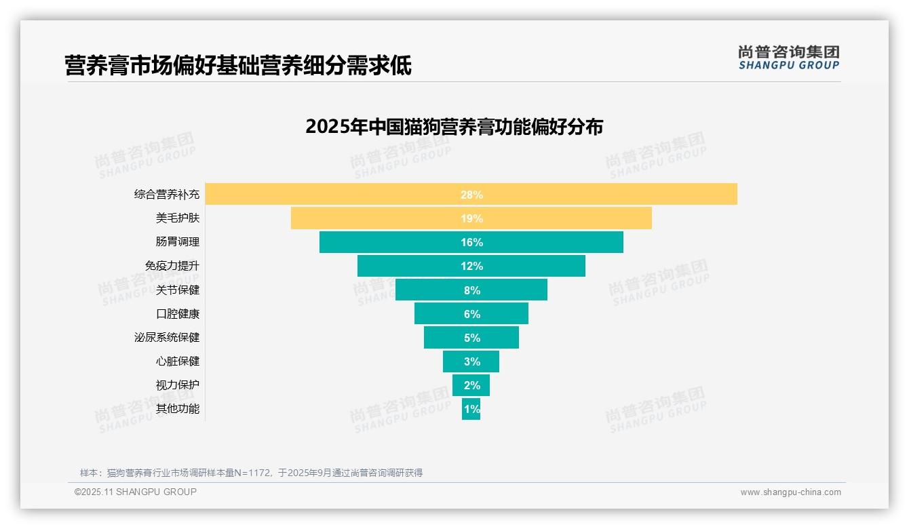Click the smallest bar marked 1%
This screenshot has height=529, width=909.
(x=471, y=409)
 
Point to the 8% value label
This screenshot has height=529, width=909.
(x=471, y=290)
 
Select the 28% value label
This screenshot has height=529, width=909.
(x=471, y=195)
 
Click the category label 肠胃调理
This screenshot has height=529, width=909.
(x=178, y=241)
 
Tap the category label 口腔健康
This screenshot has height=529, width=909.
(x=178, y=314)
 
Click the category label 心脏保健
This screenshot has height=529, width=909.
(x=178, y=361)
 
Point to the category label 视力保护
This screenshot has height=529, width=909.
(x=178, y=385)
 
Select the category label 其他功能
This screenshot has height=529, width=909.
(x=178, y=408)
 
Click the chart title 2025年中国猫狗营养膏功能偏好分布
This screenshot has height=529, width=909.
(x=454, y=127)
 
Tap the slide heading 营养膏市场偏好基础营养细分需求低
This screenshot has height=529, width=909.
(x=238, y=66)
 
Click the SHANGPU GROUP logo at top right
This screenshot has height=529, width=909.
(x=788, y=58)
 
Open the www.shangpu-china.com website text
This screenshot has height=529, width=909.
(x=790, y=492)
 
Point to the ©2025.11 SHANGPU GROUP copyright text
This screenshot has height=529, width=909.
(x=136, y=492)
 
